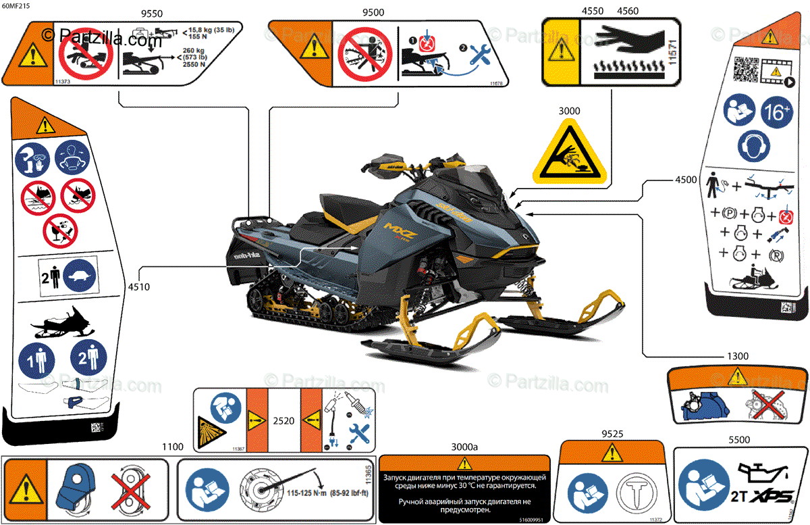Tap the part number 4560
[x=628, y=11]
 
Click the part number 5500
[x=739, y=439]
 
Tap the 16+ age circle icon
[x=776, y=112]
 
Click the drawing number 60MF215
[x=16, y=5]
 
